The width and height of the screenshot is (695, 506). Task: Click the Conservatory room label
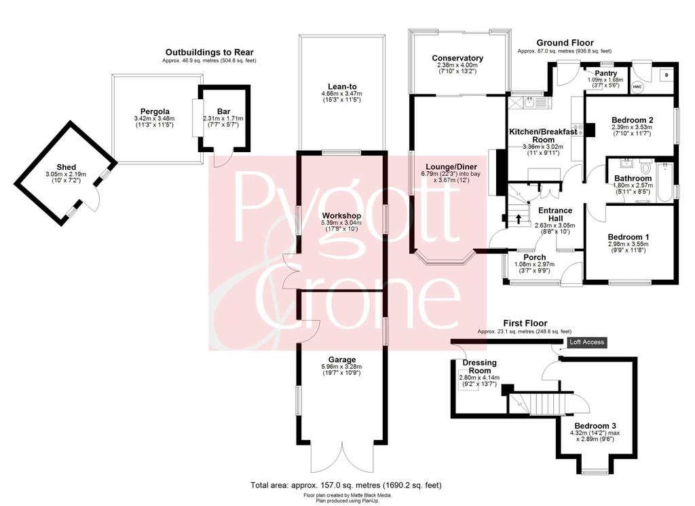pos(457,58)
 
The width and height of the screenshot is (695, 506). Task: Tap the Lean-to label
pos(342,86)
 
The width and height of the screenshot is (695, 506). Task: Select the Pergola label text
pos(155,112)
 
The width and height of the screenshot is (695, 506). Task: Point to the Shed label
pos(66,167)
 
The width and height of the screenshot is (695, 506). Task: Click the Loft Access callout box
pos(587,342)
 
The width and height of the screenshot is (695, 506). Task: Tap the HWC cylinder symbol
pos(637,87)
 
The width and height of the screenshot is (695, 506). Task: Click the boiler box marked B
pos(666,75)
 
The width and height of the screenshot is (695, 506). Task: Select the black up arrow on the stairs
pos(517,219)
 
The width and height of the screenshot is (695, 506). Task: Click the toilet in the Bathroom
pos(645,168)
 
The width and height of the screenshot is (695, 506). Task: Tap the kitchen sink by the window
pos(529,103)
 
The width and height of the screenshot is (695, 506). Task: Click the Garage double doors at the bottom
pos(342,458)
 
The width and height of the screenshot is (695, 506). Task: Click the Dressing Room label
pos(480,366)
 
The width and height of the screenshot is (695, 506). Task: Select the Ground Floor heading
pos(565,43)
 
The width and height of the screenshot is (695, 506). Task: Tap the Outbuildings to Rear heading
pos(209,53)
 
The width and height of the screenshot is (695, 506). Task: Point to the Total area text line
pos(346,485)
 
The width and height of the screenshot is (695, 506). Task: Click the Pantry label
pos(606,73)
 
